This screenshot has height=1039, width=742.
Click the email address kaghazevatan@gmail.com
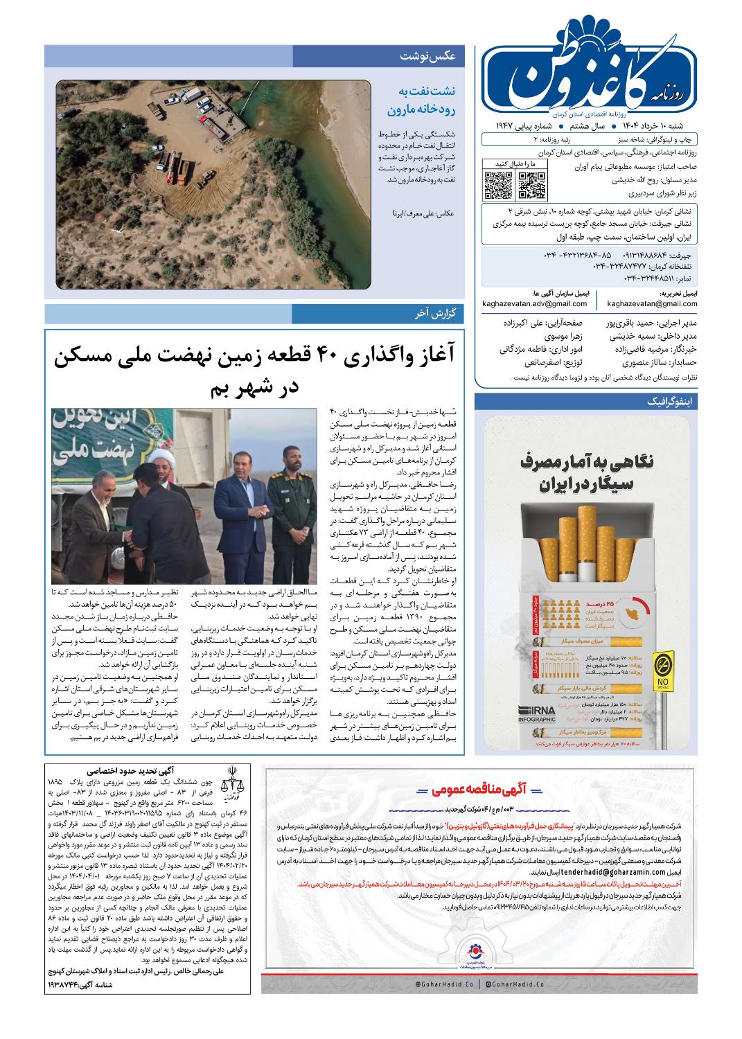click(x=652, y=303)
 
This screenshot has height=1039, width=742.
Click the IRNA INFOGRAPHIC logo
click(x=537, y=714)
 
